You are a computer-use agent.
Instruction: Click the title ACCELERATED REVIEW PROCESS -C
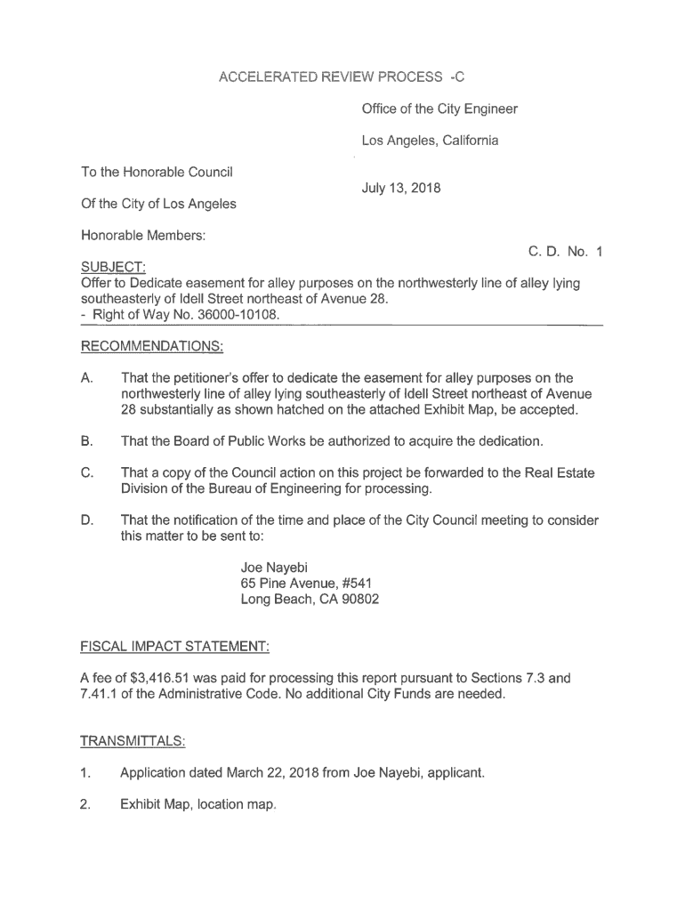tap(342, 77)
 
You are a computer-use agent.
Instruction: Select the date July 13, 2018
tap(401, 189)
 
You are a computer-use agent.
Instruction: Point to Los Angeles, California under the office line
tap(430, 141)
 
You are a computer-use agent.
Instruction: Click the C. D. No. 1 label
tap(566, 252)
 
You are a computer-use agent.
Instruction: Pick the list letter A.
tap(87, 377)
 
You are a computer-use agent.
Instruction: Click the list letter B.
tap(87, 441)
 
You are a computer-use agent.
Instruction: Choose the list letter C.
tap(87, 472)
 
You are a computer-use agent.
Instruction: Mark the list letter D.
tap(87, 520)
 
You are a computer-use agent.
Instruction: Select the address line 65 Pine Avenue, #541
tap(300, 583)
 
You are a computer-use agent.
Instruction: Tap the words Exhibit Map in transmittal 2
tap(155, 804)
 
